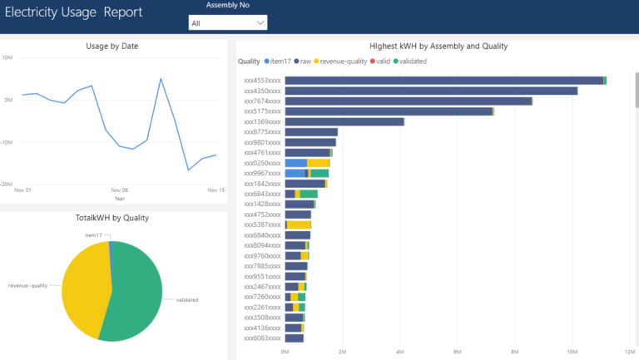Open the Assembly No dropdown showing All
coord(227,23)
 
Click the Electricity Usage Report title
coord(73,12)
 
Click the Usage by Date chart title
coord(112,46)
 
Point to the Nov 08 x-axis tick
coord(120,190)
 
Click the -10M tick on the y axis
coord(7,141)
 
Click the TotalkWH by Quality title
coord(111,218)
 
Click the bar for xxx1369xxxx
coord(344,121)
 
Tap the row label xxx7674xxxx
coord(262,101)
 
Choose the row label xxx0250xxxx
coord(262,163)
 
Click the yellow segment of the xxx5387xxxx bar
coord(299,224)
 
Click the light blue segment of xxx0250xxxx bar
coord(295,163)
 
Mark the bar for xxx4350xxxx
coord(430,91)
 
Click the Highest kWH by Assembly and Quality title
coord(438,46)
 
